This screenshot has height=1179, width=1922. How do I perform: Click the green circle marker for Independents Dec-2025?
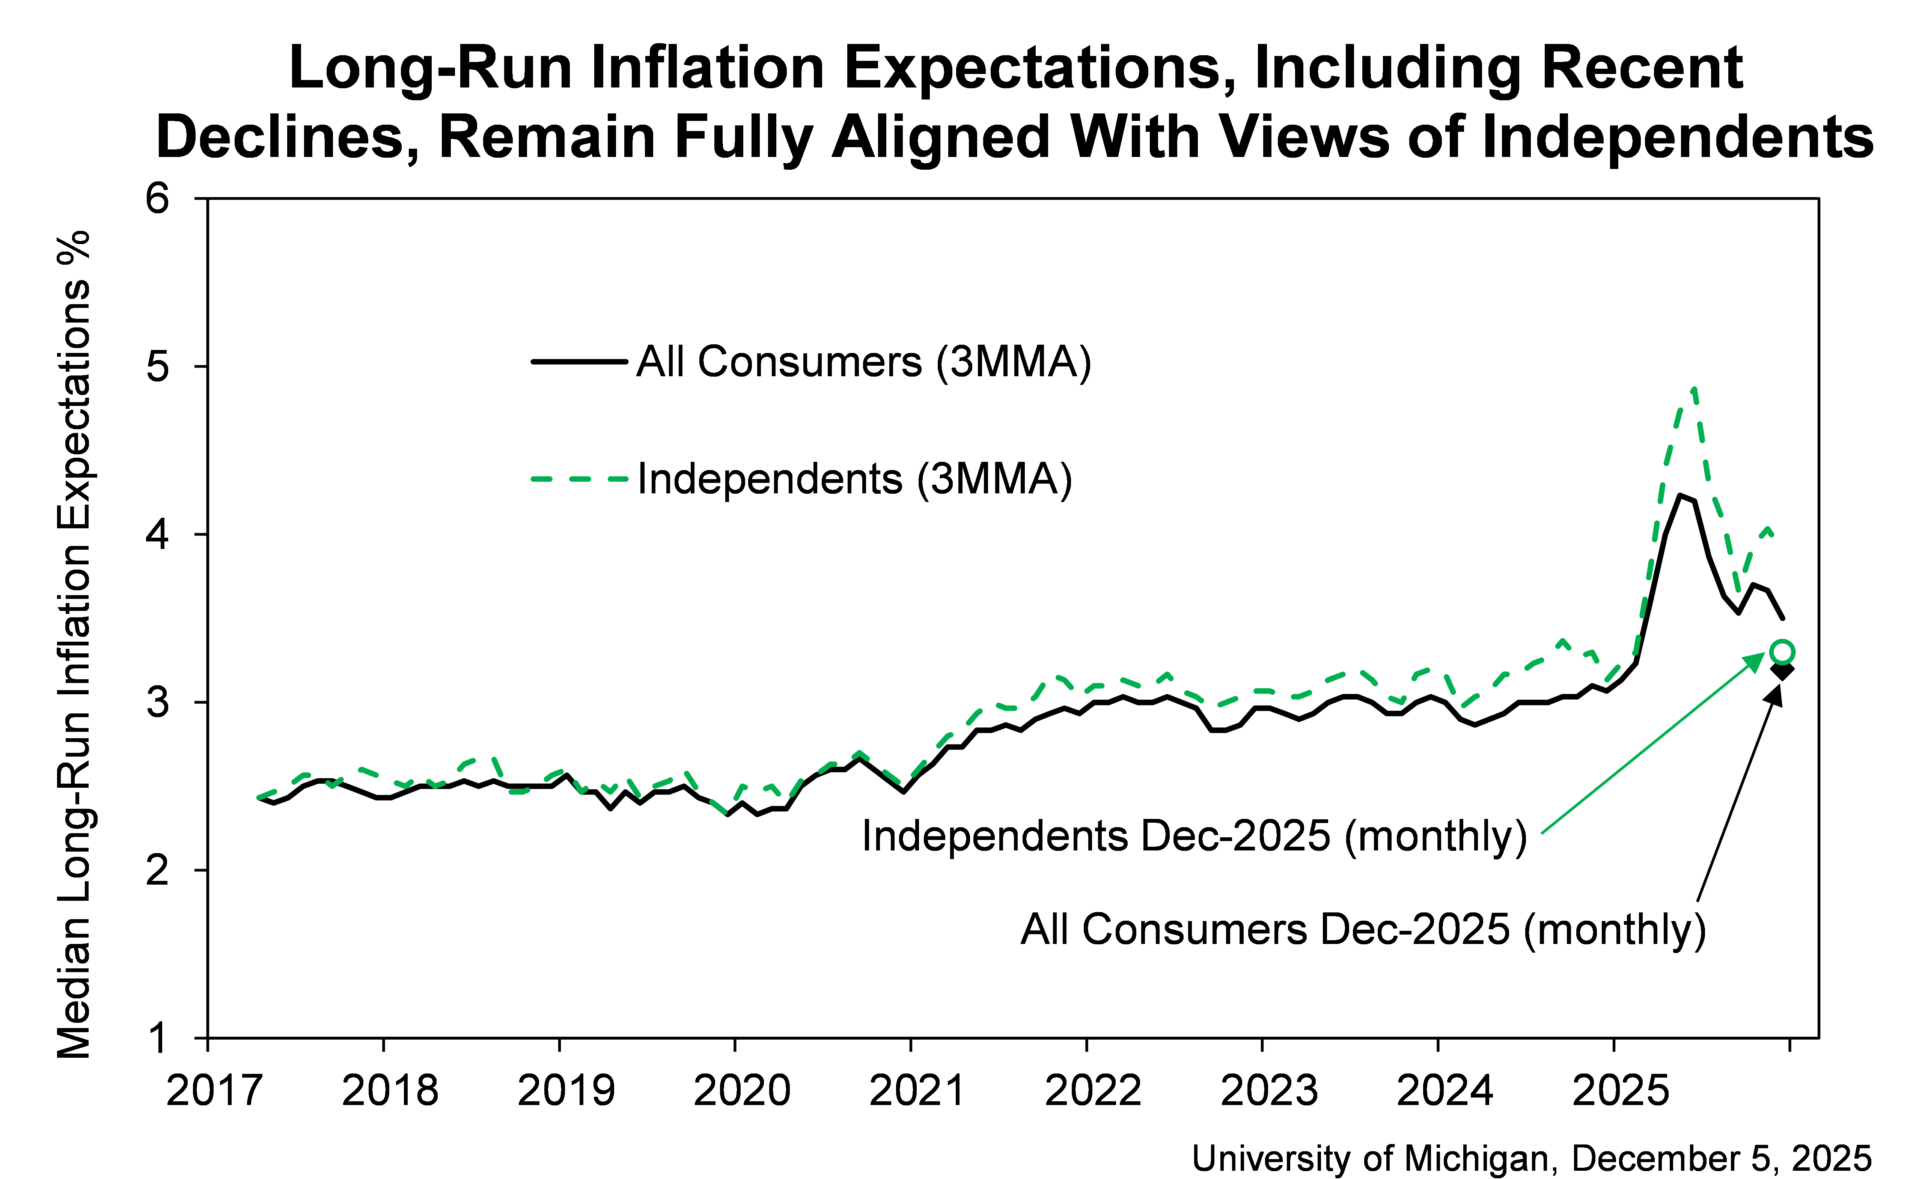(1782, 651)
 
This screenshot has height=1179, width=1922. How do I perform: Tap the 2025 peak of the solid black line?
(1679, 495)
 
